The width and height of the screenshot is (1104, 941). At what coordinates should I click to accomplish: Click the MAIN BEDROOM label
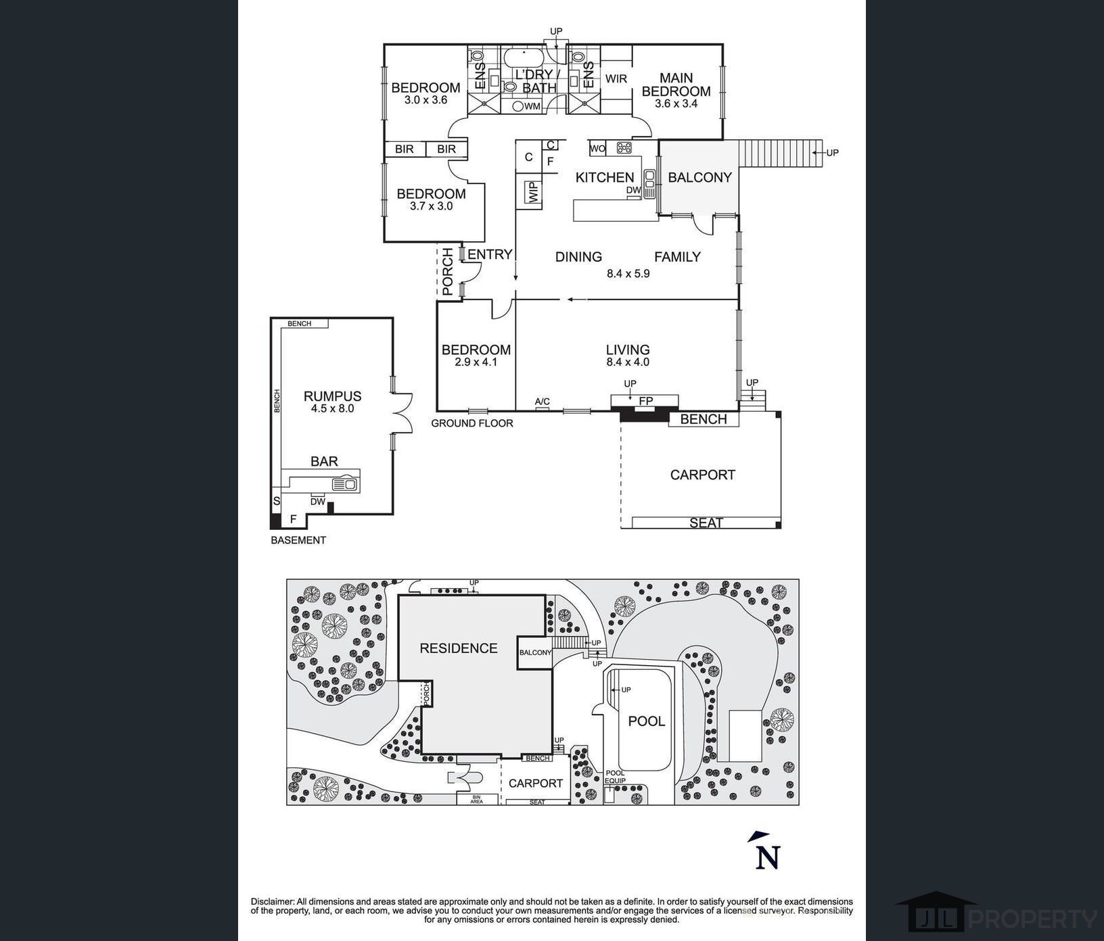click(x=676, y=85)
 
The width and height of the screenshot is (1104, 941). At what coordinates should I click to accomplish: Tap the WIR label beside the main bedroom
click(x=616, y=79)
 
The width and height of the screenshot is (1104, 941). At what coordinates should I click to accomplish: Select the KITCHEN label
click(x=605, y=178)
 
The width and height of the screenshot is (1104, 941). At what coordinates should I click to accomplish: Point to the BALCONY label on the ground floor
click(x=699, y=177)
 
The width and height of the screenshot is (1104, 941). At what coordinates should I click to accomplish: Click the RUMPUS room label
click(x=332, y=396)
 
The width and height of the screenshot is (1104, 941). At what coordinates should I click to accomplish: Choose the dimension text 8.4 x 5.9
click(x=628, y=274)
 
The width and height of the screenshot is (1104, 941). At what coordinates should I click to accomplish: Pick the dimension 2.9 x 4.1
click(x=476, y=362)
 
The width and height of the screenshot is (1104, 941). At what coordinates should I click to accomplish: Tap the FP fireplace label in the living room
click(x=646, y=402)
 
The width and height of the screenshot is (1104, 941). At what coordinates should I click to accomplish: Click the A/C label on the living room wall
click(x=543, y=402)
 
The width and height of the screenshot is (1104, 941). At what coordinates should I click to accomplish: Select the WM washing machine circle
click(x=518, y=106)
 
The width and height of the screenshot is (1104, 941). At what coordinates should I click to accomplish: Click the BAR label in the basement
click(x=324, y=461)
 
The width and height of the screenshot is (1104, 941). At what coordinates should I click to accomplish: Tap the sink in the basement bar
click(x=344, y=484)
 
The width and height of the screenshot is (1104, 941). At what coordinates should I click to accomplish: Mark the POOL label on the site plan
click(x=647, y=721)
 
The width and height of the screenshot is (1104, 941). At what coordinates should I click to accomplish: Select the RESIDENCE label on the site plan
click(x=458, y=648)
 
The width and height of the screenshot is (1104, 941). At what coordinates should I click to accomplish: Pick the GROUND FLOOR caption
click(x=472, y=423)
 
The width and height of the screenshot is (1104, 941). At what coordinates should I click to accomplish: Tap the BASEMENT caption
click(x=298, y=540)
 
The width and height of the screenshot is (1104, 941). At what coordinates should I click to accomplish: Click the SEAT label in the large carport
click(x=706, y=523)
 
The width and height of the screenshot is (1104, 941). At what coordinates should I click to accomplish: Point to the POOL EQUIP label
click(x=616, y=777)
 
